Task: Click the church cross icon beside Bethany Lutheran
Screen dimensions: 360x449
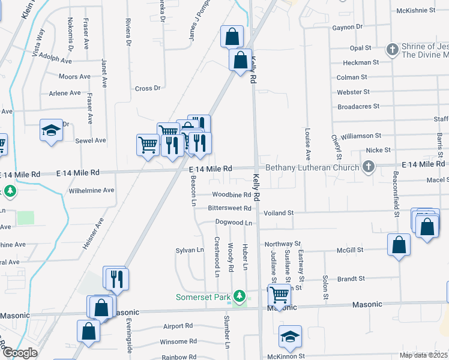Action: coord(369,167)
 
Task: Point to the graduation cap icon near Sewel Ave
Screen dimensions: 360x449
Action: coord(52,130)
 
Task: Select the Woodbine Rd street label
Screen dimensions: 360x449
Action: coord(231,195)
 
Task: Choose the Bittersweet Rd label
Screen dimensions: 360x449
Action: coord(229,208)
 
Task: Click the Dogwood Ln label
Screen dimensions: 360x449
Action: coord(232,222)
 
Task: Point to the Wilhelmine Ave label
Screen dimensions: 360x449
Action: coord(91,190)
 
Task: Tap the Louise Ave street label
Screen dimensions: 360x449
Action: coord(307,146)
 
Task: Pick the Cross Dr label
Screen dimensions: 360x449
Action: coord(148,88)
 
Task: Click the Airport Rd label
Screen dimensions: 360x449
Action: coord(178,326)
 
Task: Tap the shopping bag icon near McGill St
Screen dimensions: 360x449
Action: coord(399,245)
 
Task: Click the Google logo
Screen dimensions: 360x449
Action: coord(19,353)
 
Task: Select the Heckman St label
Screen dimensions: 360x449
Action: coord(361,62)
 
